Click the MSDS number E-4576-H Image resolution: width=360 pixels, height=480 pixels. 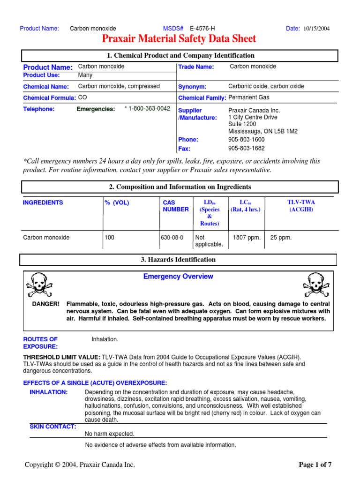(202, 29)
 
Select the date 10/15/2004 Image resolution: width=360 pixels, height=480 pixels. (316, 29)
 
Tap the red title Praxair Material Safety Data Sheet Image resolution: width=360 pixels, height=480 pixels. (179, 39)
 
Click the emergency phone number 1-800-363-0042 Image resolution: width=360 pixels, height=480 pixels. (147, 109)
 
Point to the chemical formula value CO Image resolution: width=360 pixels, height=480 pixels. (82, 97)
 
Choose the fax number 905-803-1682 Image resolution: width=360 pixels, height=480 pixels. (246, 148)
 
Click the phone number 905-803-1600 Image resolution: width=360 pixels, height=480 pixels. (246, 139)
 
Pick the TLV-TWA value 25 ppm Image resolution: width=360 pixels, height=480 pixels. (281, 238)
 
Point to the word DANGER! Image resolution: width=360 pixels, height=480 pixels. (45, 304)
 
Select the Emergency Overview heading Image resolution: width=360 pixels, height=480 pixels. (178, 277)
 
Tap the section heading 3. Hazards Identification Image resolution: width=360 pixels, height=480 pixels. (178, 260)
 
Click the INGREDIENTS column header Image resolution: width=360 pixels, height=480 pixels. (43, 202)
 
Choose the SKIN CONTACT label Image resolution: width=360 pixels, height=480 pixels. (53, 427)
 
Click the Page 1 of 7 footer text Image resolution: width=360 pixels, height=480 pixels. (315, 465)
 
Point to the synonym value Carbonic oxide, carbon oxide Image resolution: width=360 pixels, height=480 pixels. (266, 86)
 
